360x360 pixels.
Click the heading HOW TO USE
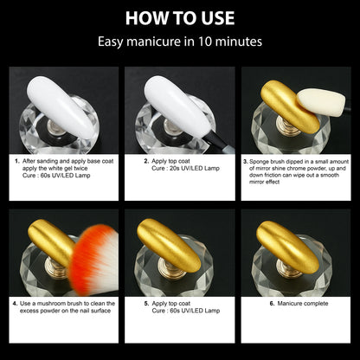180,18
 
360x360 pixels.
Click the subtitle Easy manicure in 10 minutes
180,42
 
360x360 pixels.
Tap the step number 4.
17,304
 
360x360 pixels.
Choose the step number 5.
145,304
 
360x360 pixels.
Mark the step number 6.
272,304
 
